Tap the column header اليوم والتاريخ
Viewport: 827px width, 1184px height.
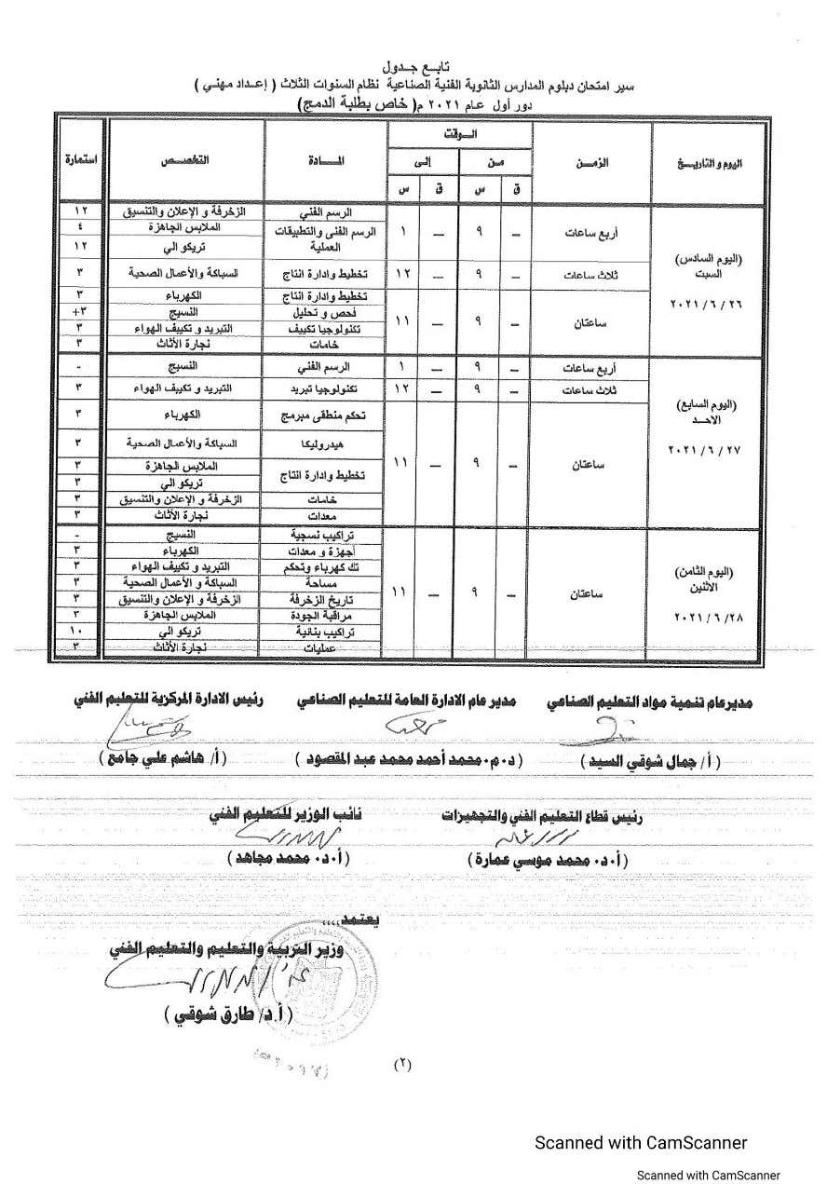point(708,163)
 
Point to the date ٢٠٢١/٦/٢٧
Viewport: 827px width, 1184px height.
point(707,450)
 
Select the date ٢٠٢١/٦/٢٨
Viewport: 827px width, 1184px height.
point(707,618)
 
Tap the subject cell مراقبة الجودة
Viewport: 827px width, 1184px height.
point(322,615)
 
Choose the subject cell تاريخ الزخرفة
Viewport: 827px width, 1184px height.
point(322,599)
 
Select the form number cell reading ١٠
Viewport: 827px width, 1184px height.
point(80,631)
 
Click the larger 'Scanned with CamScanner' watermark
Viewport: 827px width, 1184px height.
point(640,1143)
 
